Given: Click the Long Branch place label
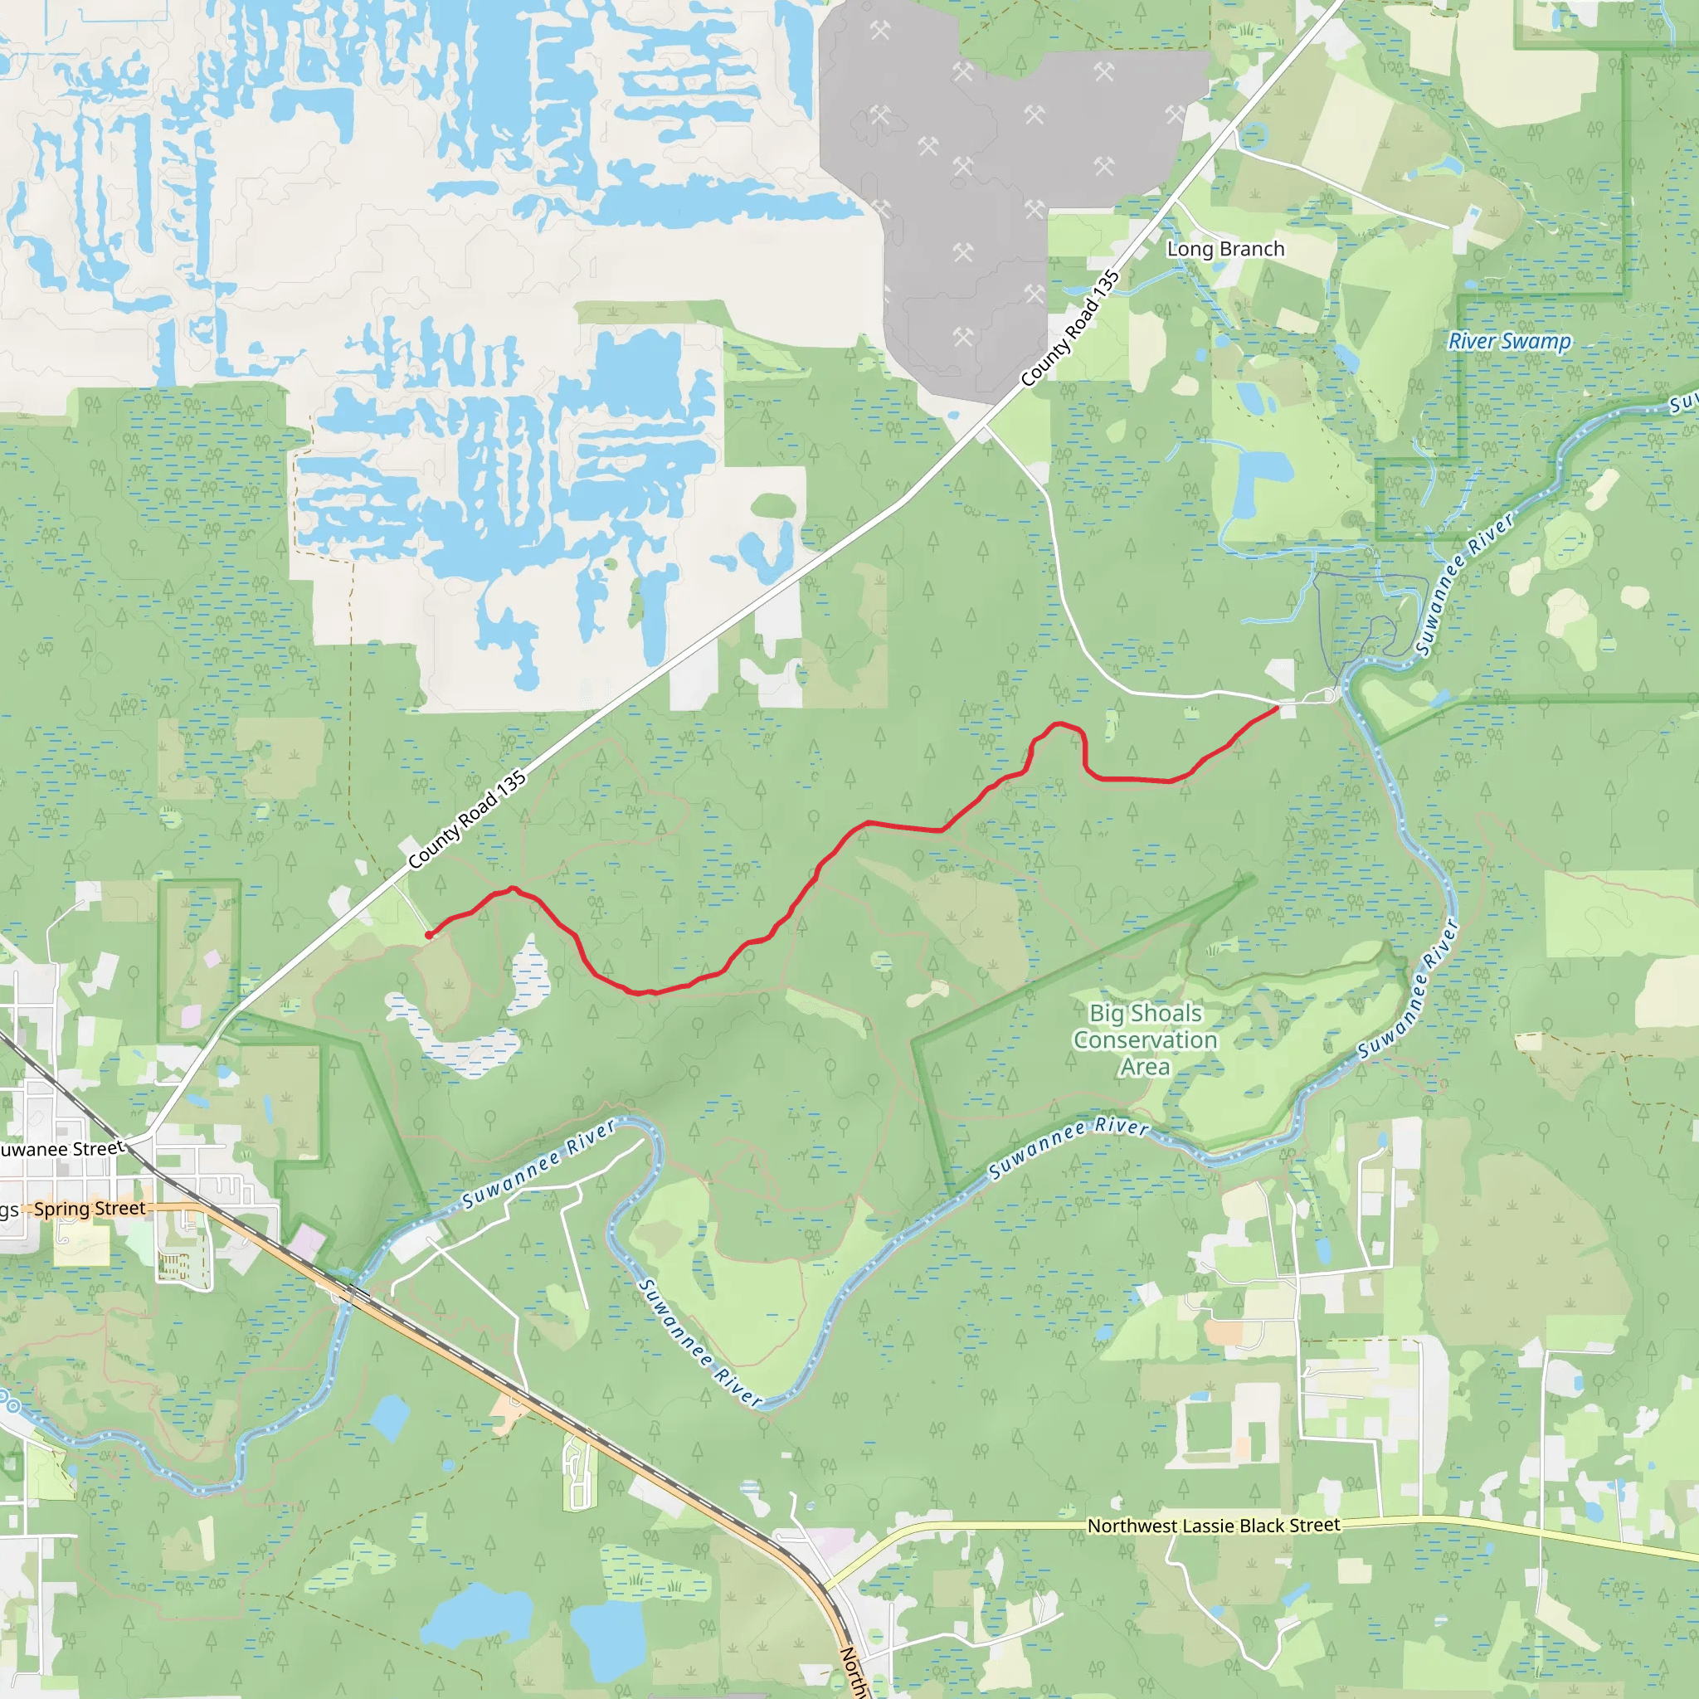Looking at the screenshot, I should (1225, 250).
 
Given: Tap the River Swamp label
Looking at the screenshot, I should (1509, 341).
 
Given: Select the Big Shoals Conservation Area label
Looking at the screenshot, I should (1145, 1039).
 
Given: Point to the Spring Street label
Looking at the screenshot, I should (90, 1210).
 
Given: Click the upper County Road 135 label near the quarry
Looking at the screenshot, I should (1070, 329).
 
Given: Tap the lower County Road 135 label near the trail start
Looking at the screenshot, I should (467, 820).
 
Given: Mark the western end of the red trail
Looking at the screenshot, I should (428, 935).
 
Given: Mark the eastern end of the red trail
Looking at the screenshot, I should (1276, 707).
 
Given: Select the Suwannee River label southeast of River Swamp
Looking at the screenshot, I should (1465, 583).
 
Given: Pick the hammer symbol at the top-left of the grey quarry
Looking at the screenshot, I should (879, 31).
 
